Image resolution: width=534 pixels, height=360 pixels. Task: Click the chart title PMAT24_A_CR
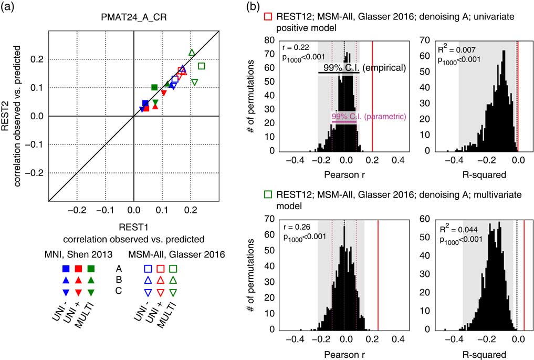(x=133, y=21)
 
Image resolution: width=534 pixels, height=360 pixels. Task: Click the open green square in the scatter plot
(x=202, y=66)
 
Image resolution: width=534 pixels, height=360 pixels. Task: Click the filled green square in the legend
(x=91, y=269)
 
